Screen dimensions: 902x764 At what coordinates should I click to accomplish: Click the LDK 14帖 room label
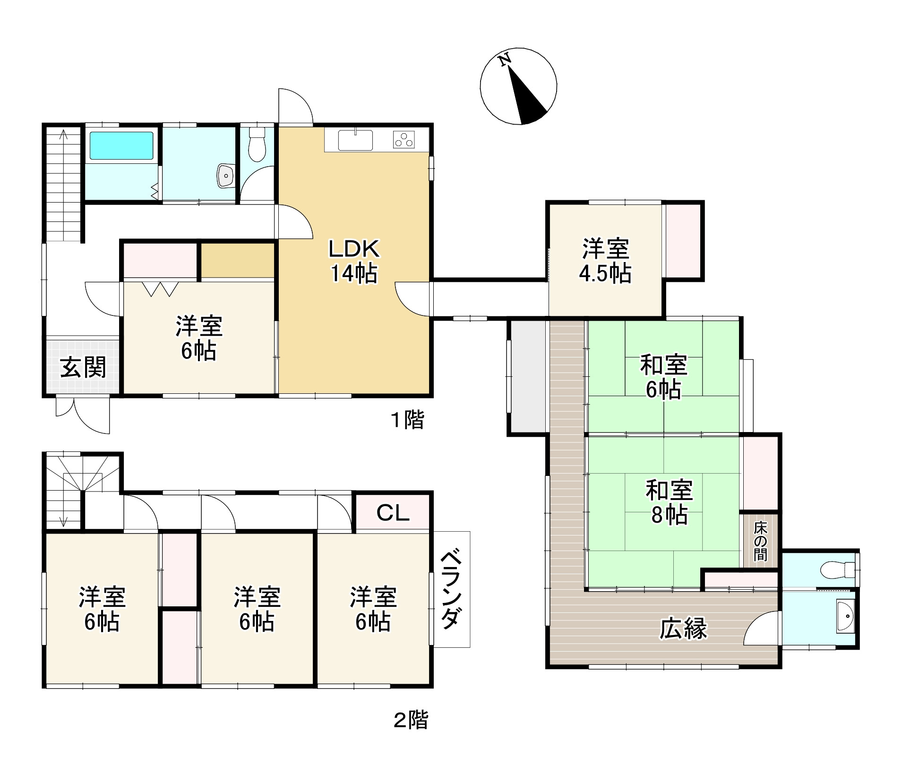tap(354, 261)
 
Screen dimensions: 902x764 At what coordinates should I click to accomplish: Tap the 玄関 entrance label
tap(83, 367)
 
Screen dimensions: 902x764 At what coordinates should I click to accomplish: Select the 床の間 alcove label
tap(760, 541)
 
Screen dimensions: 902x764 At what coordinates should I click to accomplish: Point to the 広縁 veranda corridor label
tap(683, 628)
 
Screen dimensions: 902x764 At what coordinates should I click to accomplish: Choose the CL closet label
tap(393, 512)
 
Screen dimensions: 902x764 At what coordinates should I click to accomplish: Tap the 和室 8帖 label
tap(669, 502)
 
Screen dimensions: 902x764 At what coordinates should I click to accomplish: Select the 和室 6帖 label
tap(663, 377)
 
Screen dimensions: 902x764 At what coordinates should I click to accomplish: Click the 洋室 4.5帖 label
tap(605, 261)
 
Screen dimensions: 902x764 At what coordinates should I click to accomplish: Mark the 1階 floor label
tap(408, 419)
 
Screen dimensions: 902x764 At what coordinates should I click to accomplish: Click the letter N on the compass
tap(505, 60)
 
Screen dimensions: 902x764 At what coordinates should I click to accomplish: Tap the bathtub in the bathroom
tap(121, 145)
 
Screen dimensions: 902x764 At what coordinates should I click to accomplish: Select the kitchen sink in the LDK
tap(355, 140)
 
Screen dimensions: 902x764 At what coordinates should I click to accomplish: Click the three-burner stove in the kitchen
tap(404, 140)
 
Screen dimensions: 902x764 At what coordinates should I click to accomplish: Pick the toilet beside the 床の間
tap(839, 570)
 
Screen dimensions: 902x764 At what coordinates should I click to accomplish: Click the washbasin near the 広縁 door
tap(845, 616)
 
